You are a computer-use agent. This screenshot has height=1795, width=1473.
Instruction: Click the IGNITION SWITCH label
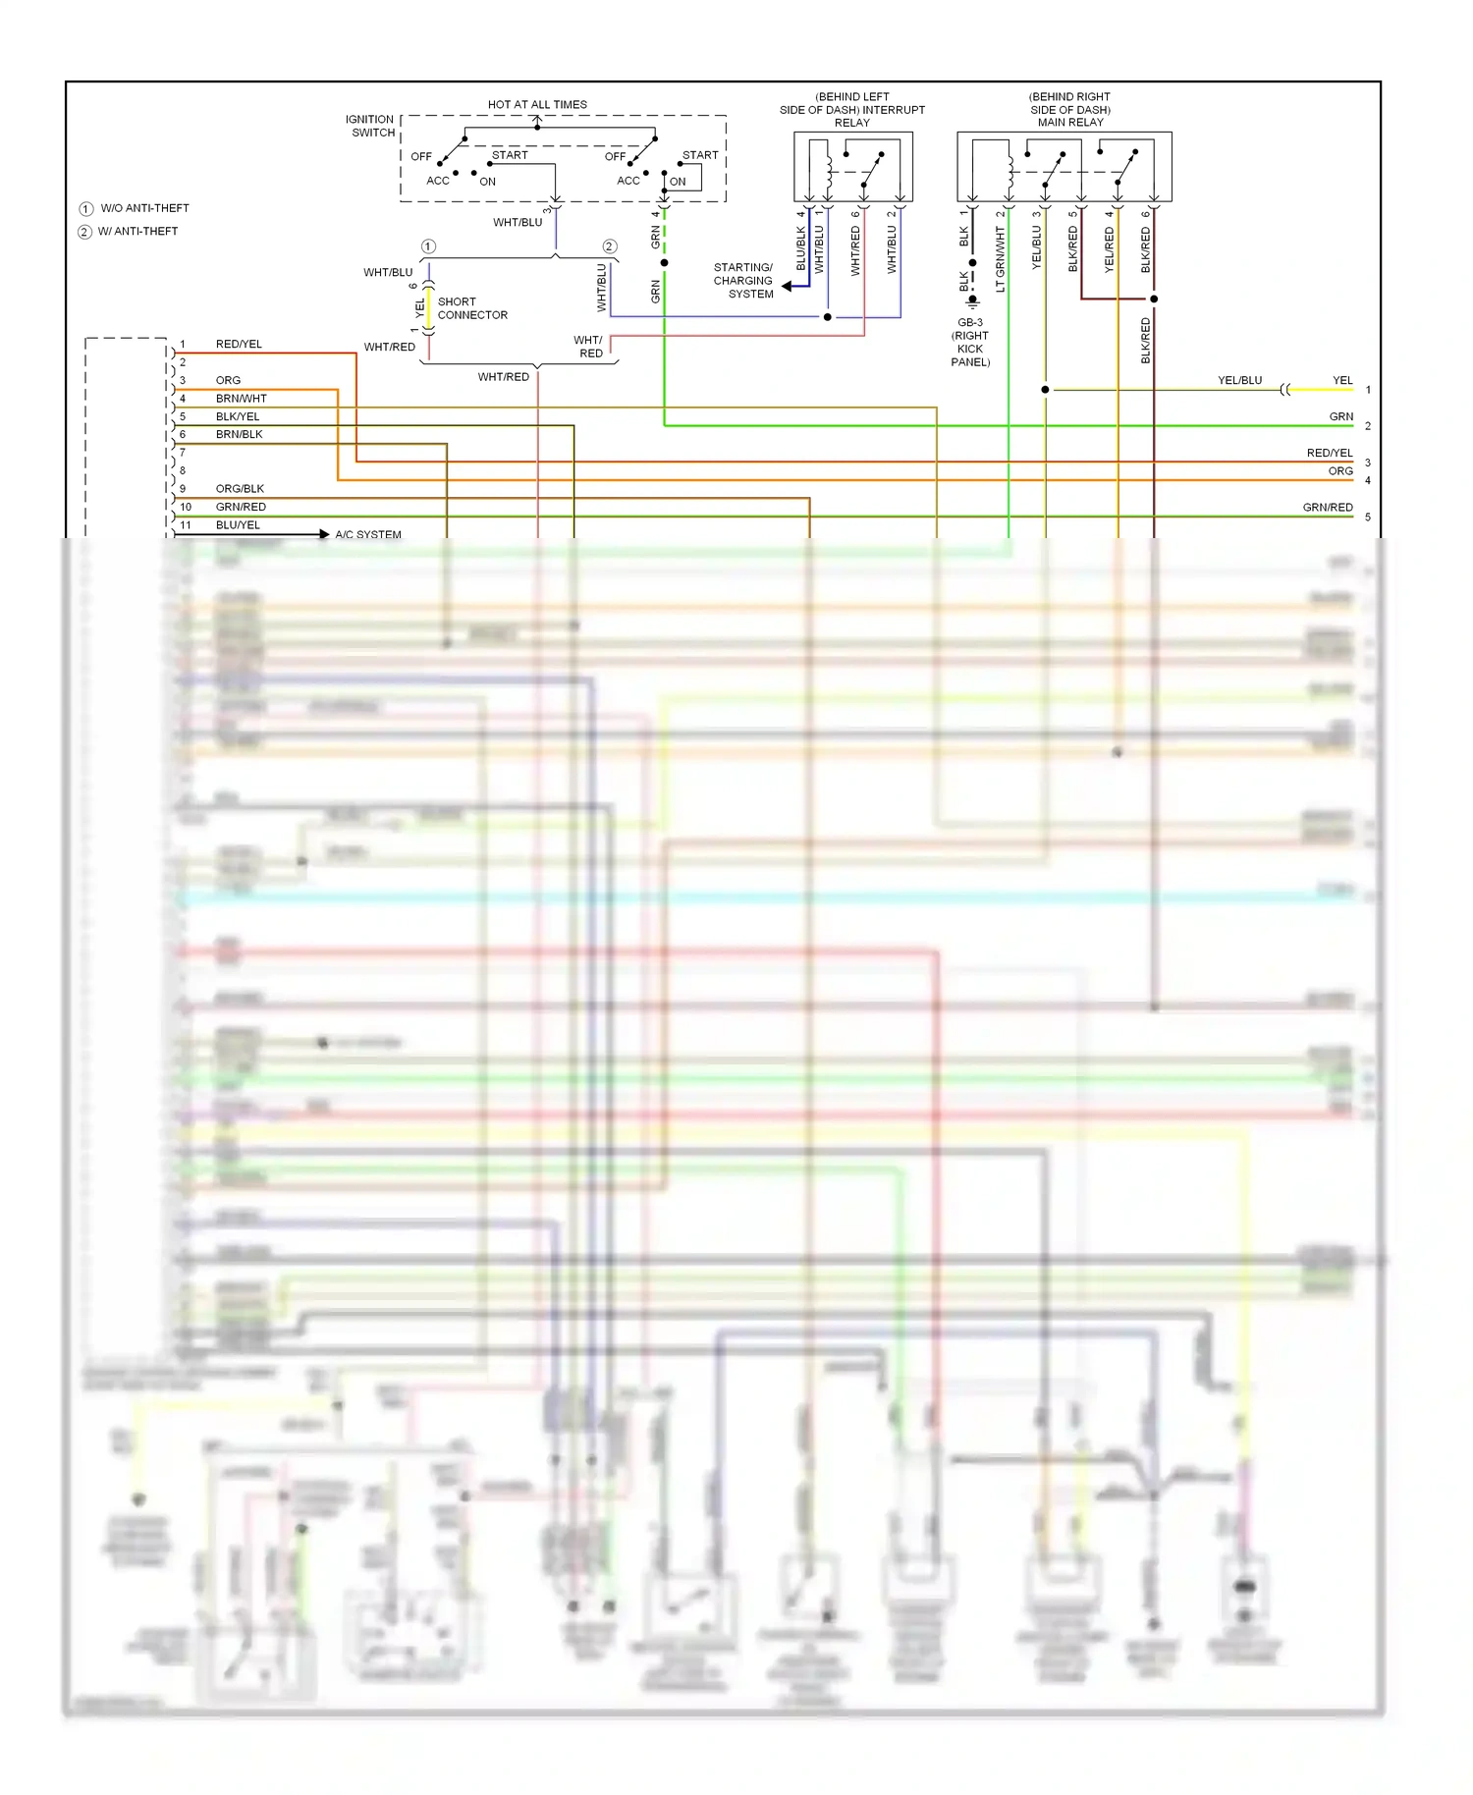(370, 126)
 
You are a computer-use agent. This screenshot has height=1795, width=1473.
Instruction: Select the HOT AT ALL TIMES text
(537, 104)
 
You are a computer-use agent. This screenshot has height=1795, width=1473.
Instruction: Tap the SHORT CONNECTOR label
(471, 308)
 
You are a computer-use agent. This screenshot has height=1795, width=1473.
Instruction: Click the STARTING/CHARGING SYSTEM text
(743, 281)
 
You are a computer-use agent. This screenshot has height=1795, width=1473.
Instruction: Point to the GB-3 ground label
(970, 323)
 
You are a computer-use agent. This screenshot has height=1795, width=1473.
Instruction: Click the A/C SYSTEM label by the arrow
(368, 535)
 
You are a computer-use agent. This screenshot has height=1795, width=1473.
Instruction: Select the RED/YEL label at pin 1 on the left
(239, 345)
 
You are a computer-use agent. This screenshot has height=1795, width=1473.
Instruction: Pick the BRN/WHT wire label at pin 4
(242, 399)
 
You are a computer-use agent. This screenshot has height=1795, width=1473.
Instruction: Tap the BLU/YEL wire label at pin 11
(238, 525)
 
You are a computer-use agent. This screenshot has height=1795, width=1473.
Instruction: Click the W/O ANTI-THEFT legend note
(143, 208)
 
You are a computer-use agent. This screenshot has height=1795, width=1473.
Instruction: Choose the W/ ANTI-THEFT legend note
(137, 232)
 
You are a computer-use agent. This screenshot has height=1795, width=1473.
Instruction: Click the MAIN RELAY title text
(1070, 123)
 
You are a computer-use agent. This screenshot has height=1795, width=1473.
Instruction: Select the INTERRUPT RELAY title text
(852, 110)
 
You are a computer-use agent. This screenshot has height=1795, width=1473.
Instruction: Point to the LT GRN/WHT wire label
(1000, 259)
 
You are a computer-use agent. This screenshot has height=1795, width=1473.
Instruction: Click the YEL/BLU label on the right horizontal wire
(1239, 381)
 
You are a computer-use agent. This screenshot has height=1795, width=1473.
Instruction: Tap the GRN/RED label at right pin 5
(1328, 508)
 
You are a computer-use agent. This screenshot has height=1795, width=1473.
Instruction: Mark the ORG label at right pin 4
(1340, 471)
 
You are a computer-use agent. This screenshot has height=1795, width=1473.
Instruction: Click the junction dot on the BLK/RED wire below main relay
(1154, 299)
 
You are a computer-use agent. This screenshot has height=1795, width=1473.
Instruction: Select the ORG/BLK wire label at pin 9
(240, 489)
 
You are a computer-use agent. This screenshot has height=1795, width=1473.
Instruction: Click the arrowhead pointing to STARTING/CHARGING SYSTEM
(788, 287)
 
